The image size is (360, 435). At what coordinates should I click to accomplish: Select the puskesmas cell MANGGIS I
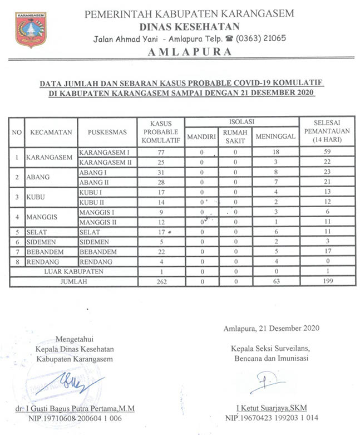(x=96, y=212)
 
